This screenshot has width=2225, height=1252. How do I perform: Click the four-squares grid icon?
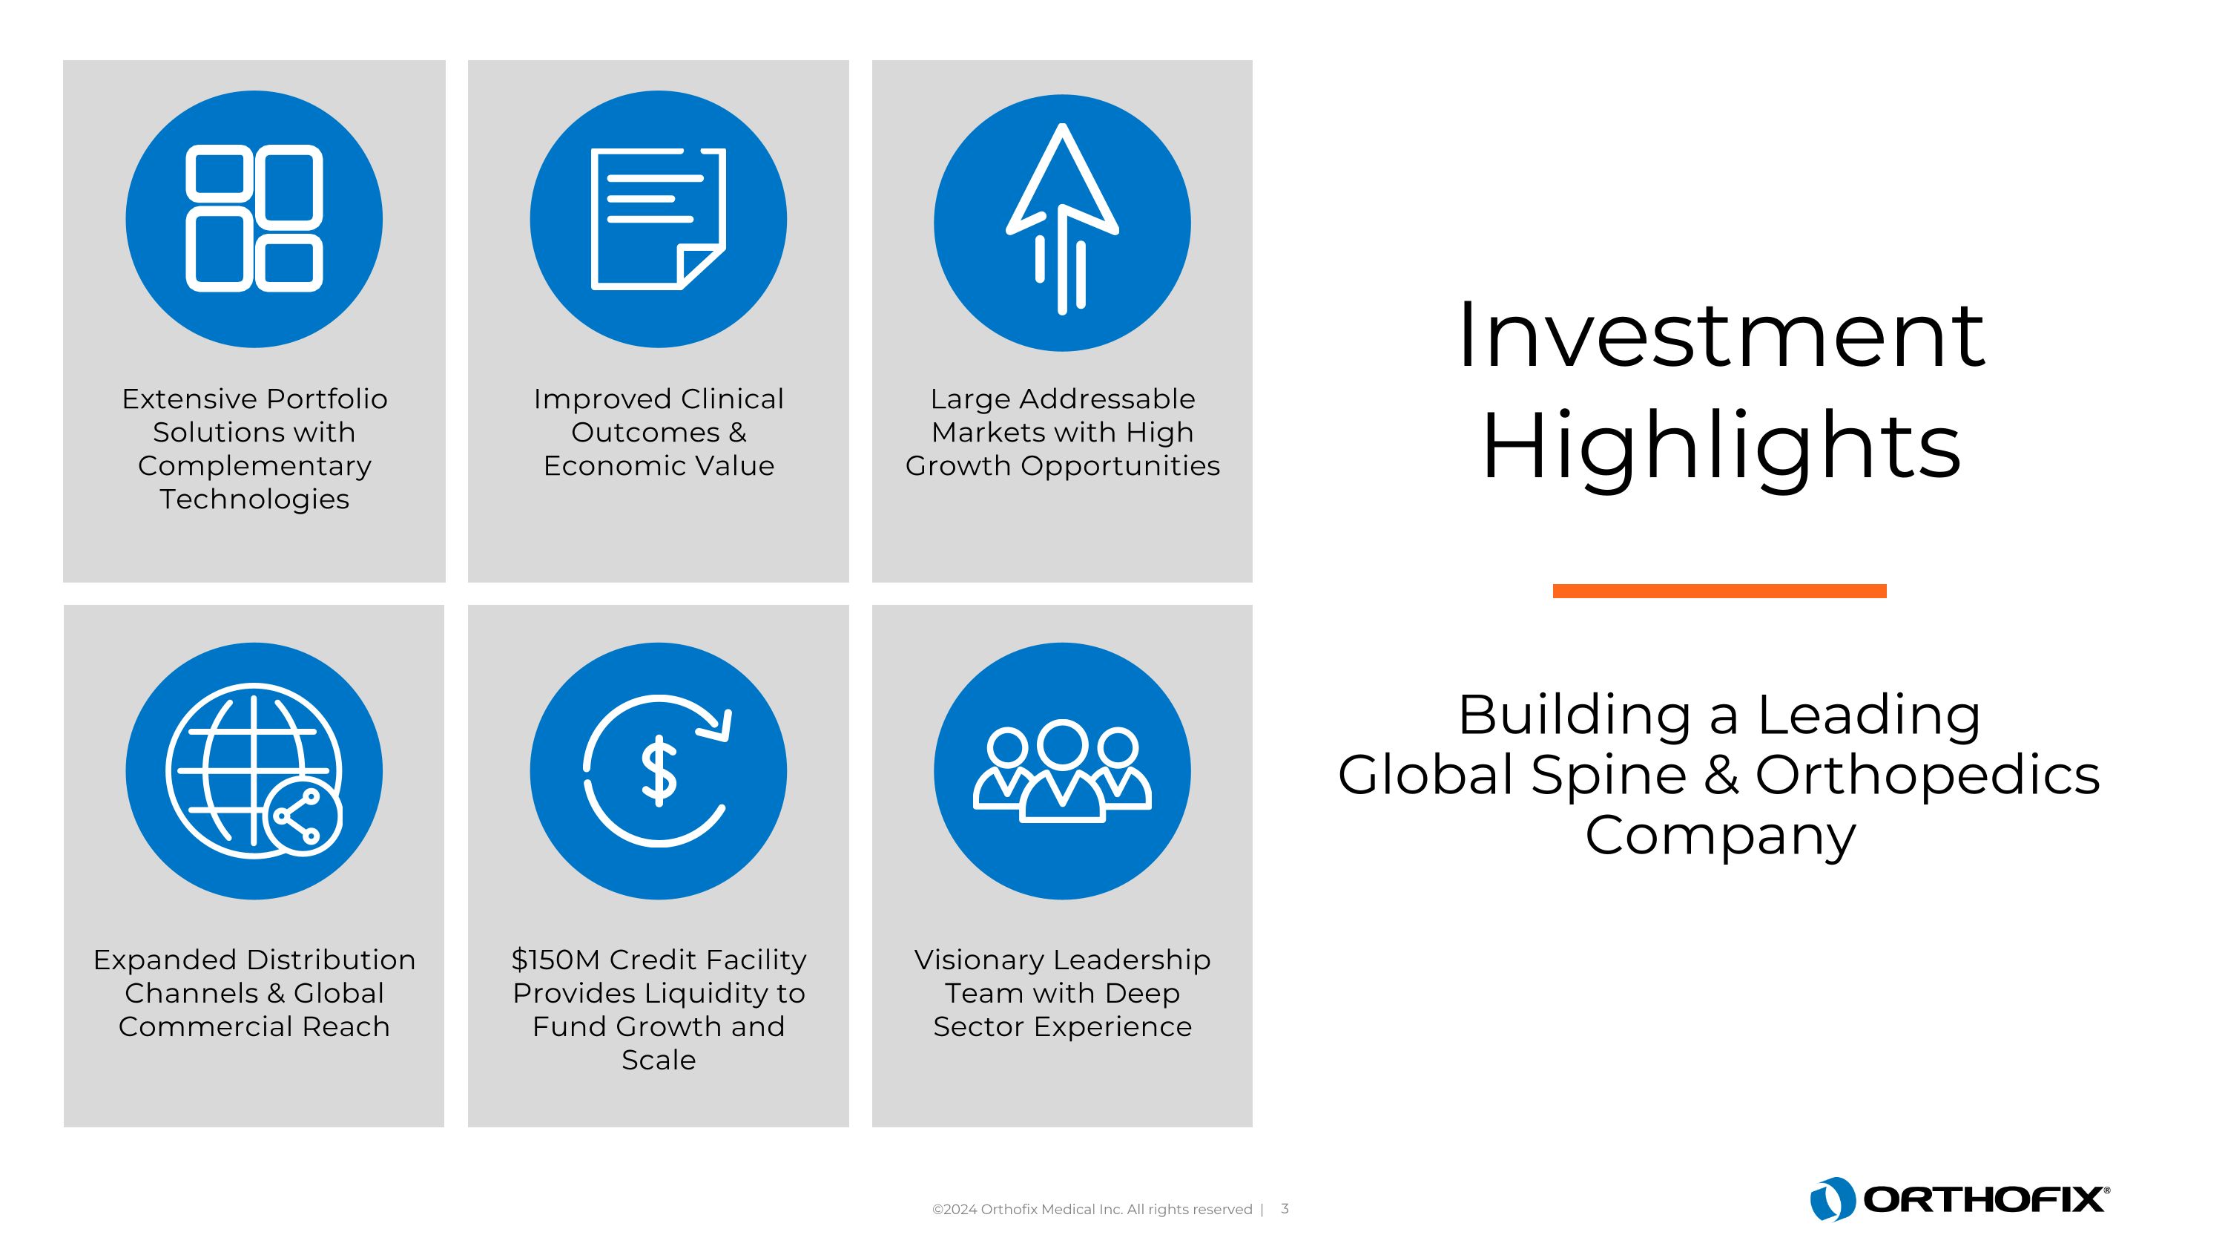(x=254, y=219)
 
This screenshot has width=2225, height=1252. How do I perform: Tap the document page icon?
(x=658, y=219)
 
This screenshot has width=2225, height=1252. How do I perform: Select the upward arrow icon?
(x=1061, y=219)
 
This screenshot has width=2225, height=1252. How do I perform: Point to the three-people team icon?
(x=1061, y=771)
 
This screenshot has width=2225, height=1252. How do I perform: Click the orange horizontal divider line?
(x=1719, y=591)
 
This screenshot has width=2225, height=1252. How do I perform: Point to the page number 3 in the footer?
(x=1285, y=1209)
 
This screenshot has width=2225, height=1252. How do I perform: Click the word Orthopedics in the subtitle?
(x=1927, y=774)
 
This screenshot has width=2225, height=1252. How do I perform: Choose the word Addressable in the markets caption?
(x=1091, y=399)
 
